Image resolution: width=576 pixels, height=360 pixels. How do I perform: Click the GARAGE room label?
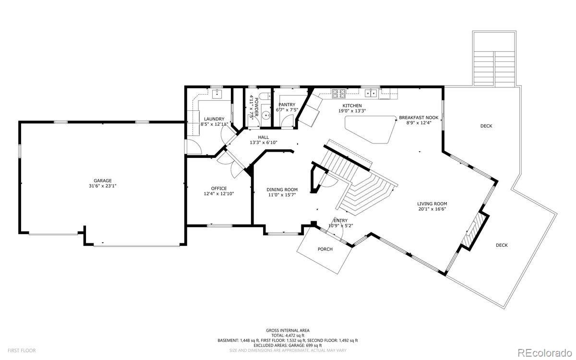[x=103, y=181]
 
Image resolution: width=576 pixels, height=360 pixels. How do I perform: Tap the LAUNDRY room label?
[x=214, y=119]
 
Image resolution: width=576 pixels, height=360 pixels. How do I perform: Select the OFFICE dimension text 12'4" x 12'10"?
[x=219, y=193]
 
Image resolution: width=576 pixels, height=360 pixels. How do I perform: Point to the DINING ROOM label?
[x=282, y=190]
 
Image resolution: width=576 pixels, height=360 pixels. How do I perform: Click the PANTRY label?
[x=287, y=105]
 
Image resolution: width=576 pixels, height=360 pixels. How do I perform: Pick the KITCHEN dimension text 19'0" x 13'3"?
[x=352, y=111]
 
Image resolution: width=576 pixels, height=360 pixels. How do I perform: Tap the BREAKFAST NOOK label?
[x=419, y=118]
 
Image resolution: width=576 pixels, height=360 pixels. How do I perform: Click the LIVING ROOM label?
[x=432, y=204]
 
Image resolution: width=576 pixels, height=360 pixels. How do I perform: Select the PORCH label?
[x=325, y=249]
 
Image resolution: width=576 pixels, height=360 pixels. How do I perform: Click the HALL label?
[x=264, y=137]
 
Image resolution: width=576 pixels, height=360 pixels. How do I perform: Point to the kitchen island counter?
[x=371, y=129]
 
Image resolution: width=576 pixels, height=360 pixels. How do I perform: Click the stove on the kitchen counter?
[x=339, y=94]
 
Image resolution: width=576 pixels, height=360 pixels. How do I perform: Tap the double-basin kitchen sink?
[x=371, y=93]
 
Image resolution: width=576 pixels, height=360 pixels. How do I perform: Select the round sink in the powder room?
[x=266, y=116]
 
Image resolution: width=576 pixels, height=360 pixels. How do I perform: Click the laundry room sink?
[x=217, y=94]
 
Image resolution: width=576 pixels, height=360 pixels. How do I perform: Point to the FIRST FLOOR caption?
[x=22, y=350]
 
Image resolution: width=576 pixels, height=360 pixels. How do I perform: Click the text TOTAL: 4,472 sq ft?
[x=288, y=336]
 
